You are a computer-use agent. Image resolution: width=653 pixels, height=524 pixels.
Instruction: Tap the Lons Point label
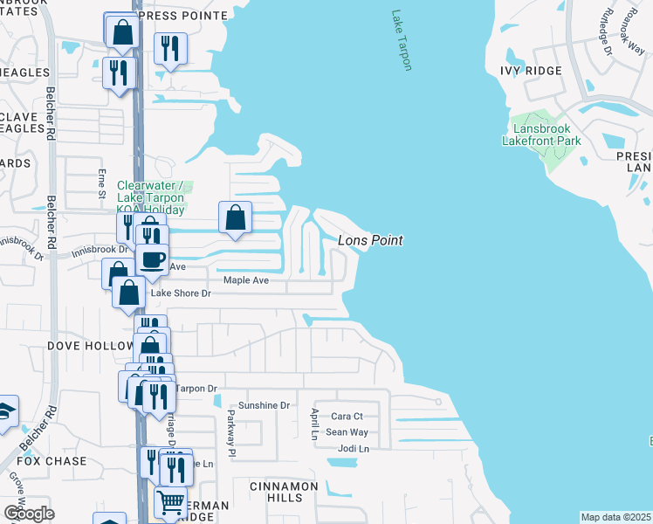pyautogui.click(x=369, y=240)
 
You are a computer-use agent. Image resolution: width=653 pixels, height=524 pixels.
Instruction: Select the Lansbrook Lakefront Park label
pyautogui.click(x=542, y=133)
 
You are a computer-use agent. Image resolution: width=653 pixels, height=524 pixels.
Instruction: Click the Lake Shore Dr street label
pyautogui.click(x=182, y=293)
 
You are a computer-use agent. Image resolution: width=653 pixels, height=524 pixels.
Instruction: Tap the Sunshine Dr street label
pyautogui.click(x=265, y=405)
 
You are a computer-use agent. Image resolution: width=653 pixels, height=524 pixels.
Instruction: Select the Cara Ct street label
pyautogui.click(x=347, y=417)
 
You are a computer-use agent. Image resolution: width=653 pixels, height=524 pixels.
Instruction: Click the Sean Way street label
pyautogui.click(x=347, y=432)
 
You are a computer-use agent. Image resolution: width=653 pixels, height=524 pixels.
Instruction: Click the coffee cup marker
pyautogui.click(x=153, y=259)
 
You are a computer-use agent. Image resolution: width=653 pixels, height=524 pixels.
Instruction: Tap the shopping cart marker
pyautogui.click(x=170, y=502)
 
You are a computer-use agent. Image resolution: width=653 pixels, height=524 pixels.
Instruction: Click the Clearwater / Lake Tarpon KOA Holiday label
pyautogui.click(x=151, y=197)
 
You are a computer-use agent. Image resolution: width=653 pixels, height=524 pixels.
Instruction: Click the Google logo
pyautogui.click(x=28, y=513)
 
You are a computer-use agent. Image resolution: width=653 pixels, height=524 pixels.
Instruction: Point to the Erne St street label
pyautogui.click(x=102, y=183)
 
